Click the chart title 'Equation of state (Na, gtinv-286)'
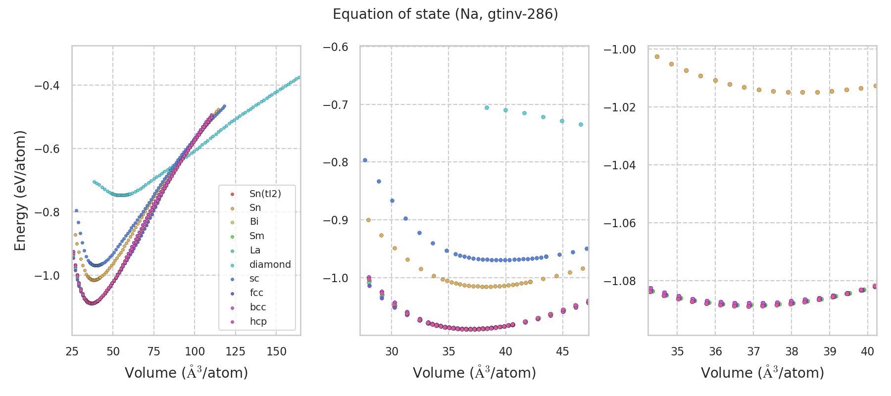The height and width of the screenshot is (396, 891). (x=445, y=14)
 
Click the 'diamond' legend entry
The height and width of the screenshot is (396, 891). (x=270, y=264)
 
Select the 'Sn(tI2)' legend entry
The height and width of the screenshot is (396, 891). (x=265, y=194)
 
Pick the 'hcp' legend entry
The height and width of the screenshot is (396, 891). (x=258, y=321)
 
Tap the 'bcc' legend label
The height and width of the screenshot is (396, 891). (x=257, y=307)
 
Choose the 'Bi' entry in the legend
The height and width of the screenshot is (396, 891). (x=254, y=222)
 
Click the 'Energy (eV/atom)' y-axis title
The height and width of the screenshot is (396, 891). (x=20, y=191)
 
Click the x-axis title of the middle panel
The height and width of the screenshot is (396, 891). (x=474, y=373)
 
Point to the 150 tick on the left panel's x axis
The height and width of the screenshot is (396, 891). (x=276, y=351)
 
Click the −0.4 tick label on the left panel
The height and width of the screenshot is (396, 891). (x=47, y=86)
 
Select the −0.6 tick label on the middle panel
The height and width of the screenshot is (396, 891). (x=335, y=47)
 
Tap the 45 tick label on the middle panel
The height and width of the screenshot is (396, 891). (x=562, y=351)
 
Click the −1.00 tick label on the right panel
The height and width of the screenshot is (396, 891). (x=619, y=49)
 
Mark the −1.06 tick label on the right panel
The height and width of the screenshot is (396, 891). (x=619, y=223)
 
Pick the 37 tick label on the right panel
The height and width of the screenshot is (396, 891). (x=753, y=351)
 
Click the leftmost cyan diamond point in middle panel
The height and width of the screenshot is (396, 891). (x=487, y=107)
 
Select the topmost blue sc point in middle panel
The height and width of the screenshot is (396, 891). (x=365, y=160)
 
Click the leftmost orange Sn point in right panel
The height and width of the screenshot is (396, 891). (x=657, y=57)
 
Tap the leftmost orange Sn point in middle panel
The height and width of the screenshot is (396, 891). (x=368, y=220)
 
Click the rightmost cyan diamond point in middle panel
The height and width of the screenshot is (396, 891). (x=581, y=124)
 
